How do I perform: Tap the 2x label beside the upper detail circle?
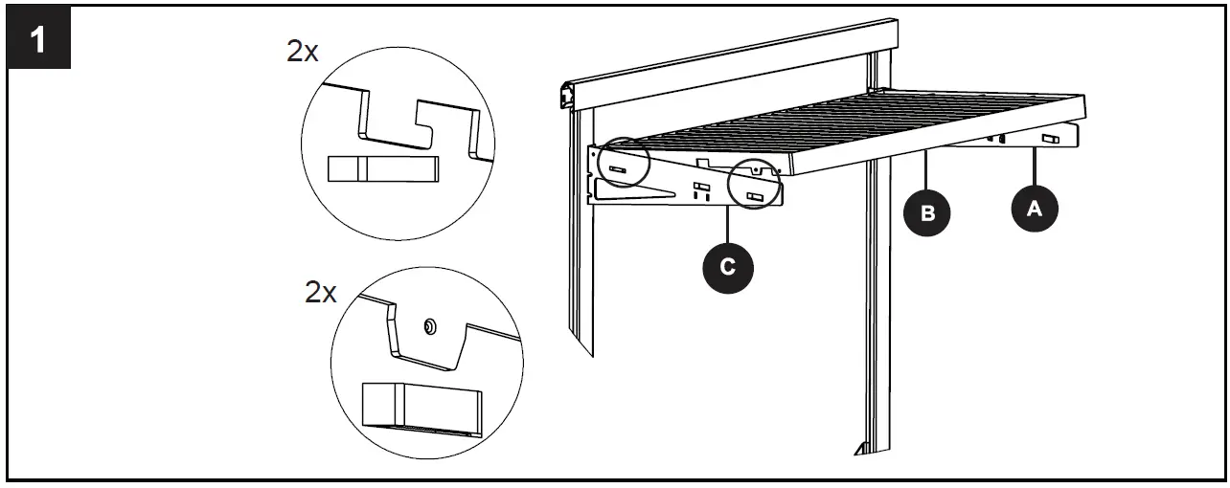pos(303,52)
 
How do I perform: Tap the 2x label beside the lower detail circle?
pos(321,292)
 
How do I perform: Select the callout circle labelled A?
pos(1034,209)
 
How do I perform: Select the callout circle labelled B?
pos(926,212)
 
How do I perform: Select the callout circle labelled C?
pos(727,267)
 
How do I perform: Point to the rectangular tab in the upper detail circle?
pos(383,168)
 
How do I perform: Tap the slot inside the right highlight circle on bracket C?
pos(755,198)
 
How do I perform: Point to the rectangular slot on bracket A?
pos(1050,140)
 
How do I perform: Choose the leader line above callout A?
pos(1034,167)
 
